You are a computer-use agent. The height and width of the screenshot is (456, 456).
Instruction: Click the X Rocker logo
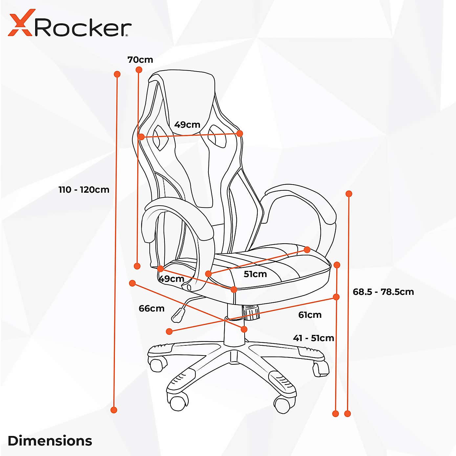click(70, 23)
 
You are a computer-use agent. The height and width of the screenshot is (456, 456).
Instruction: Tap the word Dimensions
click(50, 441)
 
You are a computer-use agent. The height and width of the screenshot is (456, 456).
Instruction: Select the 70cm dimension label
click(140, 60)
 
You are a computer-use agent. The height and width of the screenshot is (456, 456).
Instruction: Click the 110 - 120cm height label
click(84, 189)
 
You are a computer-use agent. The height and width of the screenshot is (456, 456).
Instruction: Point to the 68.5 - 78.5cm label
click(383, 292)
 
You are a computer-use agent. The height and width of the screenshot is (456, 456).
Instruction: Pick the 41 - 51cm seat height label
click(314, 338)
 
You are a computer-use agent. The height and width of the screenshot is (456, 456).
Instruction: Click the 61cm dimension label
click(310, 315)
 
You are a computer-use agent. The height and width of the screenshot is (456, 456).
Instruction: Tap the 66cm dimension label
click(151, 308)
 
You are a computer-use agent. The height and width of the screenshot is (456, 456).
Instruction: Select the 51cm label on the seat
click(255, 274)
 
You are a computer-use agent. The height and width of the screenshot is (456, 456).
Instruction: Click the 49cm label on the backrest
click(187, 125)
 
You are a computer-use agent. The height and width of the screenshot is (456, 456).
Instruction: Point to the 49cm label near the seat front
click(171, 279)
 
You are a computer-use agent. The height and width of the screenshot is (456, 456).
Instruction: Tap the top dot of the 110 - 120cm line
click(117, 74)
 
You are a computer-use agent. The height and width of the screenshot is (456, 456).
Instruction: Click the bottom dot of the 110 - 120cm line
click(114, 410)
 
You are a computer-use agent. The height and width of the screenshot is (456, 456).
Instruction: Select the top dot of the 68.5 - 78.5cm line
click(349, 194)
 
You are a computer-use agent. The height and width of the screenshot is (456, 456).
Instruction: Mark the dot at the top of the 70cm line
click(139, 70)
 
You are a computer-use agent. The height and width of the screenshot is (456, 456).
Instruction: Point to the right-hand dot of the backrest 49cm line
click(240, 134)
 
